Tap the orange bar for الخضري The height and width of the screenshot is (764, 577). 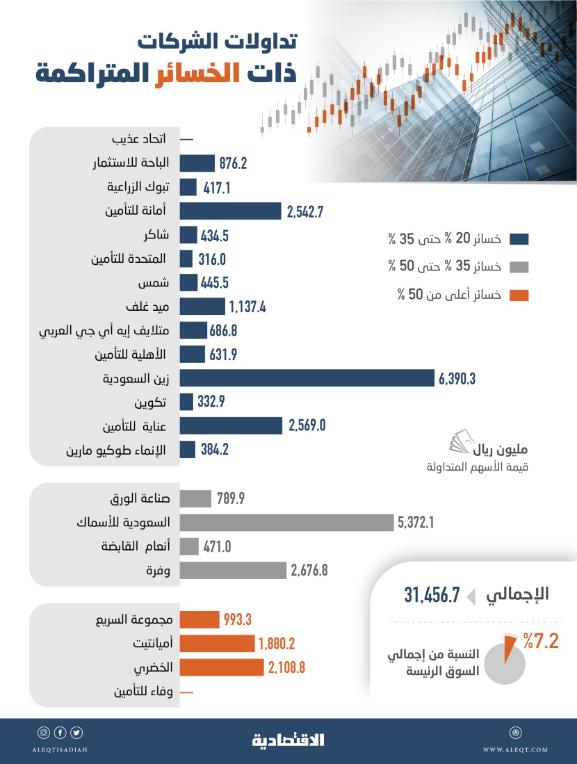coord(222,667)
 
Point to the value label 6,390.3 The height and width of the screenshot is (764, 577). coord(461,377)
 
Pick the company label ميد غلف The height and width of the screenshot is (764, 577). coord(145,307)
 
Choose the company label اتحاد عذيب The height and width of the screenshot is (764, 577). coord(138,139)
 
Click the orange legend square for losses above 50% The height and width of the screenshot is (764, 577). coord(519,295)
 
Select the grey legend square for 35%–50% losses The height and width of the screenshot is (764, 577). coord(519,268)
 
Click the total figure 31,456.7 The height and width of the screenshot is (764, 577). coord(432,594)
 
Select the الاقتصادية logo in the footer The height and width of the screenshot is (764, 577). coord(288,740)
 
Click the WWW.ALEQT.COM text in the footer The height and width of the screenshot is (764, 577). coord(515,749)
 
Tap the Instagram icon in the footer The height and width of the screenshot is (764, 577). coord(43,733)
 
